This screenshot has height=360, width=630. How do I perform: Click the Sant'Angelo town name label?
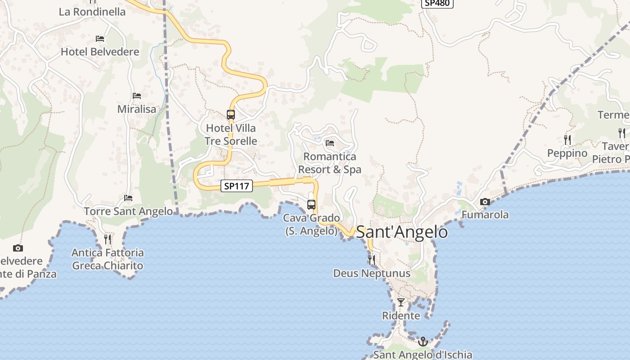pos(401,232)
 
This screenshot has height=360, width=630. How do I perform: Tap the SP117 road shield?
pos(237,186)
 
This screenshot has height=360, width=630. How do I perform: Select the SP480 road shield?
pos(437,3)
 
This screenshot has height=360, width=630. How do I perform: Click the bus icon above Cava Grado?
pos(311,205)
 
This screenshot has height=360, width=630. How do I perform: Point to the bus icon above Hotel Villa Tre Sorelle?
pos(231,115)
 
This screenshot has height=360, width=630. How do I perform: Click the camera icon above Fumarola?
pos(485,202)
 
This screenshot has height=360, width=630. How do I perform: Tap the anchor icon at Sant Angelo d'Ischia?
pos(423,342)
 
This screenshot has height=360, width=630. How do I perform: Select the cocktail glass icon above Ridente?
pos(401,302)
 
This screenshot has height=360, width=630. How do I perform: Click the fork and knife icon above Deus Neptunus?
pos(371,260)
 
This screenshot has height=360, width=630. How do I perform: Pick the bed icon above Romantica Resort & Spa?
pos(330,144)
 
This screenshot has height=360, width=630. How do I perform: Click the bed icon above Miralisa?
pos(137,96)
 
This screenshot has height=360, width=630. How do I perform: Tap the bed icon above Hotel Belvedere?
pos(100,39)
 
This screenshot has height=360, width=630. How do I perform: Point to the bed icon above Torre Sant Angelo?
pos(128,198)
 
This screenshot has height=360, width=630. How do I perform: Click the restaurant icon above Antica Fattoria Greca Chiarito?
pos(108,239)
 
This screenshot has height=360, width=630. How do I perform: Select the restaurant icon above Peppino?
pos(567,140)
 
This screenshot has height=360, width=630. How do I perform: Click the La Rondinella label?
pos(92,12)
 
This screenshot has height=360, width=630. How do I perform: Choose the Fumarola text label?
pos(485,215)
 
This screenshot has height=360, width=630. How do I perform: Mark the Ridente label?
pos(401,315)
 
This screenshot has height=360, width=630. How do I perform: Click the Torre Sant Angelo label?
pos(128,211)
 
